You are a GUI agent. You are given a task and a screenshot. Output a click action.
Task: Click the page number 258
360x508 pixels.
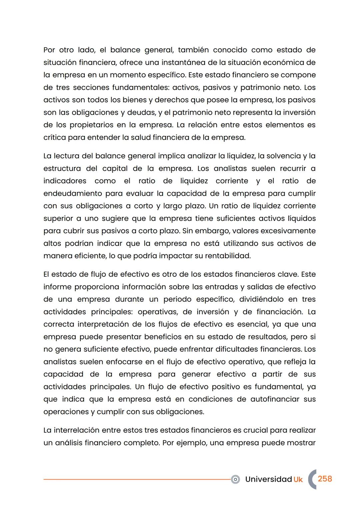325,479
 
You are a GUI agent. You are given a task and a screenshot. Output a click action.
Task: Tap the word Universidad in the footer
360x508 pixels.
268,479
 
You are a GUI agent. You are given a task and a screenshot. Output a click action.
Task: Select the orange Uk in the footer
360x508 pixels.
298,479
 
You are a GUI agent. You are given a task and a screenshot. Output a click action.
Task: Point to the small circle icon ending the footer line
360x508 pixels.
235,479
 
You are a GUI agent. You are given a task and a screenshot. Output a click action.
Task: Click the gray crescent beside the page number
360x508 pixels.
312,479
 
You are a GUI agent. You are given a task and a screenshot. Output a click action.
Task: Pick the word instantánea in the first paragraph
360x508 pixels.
184,63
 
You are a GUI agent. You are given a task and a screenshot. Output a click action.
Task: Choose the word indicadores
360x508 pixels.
65,181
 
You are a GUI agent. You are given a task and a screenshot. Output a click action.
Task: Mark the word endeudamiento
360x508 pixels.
73,194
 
